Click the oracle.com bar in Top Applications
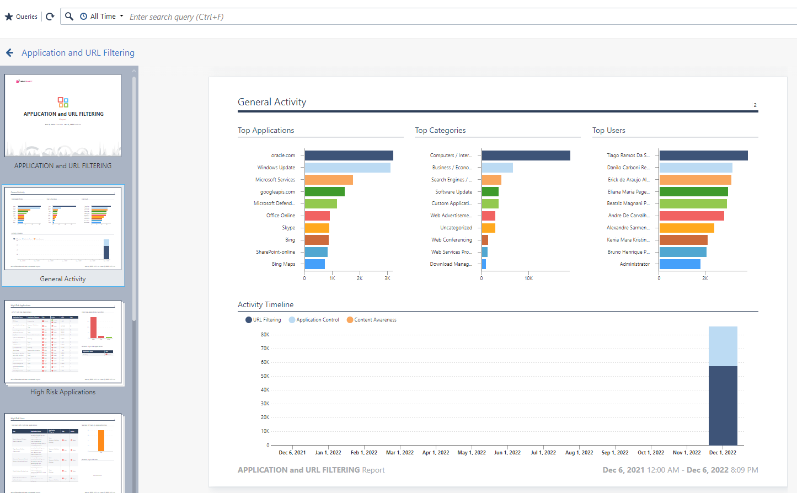click(349, 156)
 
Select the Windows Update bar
click(347, 168)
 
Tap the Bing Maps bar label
click(284, 264)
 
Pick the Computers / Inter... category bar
click(526, 156)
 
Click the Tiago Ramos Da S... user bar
click(703, 156)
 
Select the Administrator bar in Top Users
click(680, 264)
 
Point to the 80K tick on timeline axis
click(265, 335)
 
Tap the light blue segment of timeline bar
click(723, 346)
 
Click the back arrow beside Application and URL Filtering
click(9, 53)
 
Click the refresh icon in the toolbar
click(50, 17)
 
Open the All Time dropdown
click(103, 17)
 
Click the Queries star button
click(21, 17)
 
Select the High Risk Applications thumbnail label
click(63, 392)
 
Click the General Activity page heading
click(272, 102)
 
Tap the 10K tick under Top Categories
click(528, 278)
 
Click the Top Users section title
click(608, 131)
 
